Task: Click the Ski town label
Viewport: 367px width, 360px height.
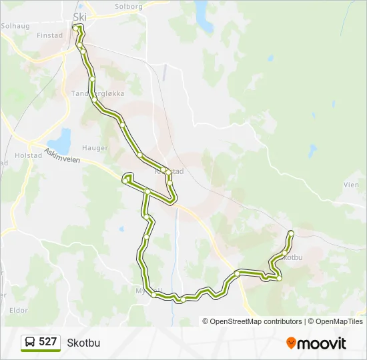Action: tap(80, 17)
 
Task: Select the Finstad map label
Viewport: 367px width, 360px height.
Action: tap(50, 35)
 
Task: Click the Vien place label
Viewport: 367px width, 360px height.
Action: tap(350, 185)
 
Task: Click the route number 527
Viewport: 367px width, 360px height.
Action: tap(48, 342)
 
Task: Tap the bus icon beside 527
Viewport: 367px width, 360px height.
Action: tap(31, 343)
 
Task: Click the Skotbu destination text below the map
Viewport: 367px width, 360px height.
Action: tap(83, 343)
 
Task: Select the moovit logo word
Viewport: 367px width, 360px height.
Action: tap(322, 343)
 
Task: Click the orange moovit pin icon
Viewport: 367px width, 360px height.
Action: tap(291, 343)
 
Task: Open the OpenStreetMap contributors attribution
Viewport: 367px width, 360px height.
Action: tap(256, 321)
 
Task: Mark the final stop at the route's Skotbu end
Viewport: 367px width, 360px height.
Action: tap(291, 233)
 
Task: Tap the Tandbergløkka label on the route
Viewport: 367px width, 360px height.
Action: tap(98, 93)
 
